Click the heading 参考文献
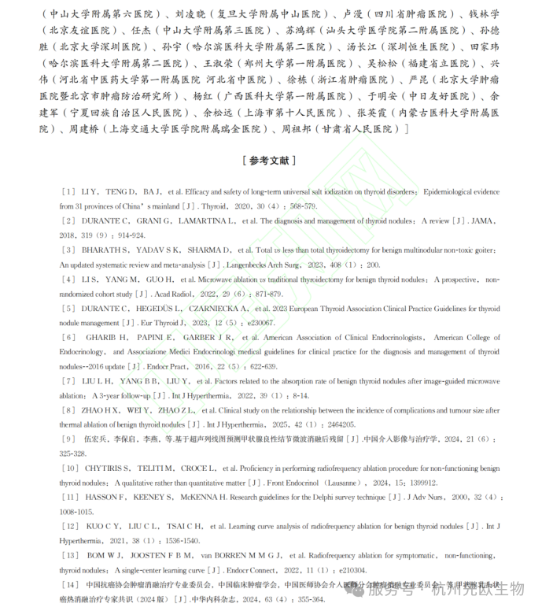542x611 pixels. click(270, 161)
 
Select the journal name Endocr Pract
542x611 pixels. click(167, 366)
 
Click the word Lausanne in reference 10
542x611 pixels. click(347, 481)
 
